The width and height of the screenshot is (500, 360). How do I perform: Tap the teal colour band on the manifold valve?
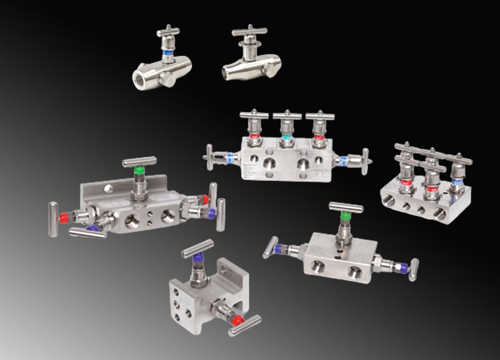coord(287,137)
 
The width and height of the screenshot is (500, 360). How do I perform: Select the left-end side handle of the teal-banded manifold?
coord(209,157)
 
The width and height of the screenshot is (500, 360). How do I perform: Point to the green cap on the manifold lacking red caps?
coord(345,217)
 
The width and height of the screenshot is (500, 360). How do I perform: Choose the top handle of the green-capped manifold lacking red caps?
coord(346,207)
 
